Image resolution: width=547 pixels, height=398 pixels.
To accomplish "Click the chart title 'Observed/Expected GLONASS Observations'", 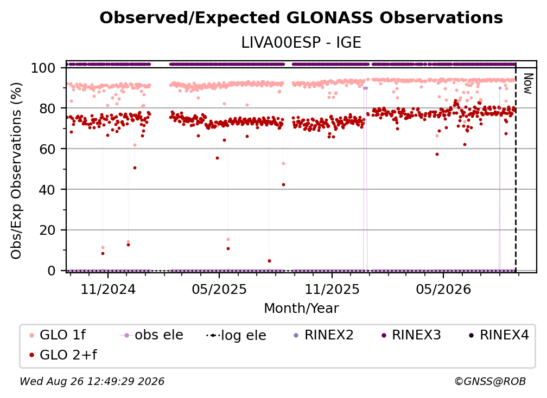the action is pyautogui.click(x=301, y=18).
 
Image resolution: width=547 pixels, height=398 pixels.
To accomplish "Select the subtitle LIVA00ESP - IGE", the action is pyautogui.click(x=301, y=43).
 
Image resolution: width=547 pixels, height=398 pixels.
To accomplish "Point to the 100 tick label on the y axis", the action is pyautogui.click(x=43, y=68).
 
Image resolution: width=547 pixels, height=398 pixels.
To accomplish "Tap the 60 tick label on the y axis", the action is pyautogui.click(x=47, y=149).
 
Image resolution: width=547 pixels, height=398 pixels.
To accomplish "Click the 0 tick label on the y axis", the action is pyautogui.click(x=52, y=271).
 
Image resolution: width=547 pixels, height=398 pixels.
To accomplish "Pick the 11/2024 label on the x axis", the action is pyautogui.click(x=108, y=289).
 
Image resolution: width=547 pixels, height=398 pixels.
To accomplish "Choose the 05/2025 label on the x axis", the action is pyautogui.click(x=219, y=289).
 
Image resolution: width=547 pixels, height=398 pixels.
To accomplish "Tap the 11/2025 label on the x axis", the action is pyautogui.click(x=332, y=289).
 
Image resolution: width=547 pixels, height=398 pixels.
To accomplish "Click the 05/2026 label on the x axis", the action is pyautogui.click(x=443, y=289).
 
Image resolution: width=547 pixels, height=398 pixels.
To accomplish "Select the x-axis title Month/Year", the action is pyautogui.click(x=301, y=309).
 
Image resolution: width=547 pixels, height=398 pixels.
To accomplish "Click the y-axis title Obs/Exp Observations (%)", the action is pyautogui.click(x=16, y=171).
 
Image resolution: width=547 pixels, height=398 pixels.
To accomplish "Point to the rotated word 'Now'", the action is pyautogui.click(x=528, y=84).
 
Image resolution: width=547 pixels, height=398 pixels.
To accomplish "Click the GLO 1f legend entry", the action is pyautogui.click(x=58, y=335).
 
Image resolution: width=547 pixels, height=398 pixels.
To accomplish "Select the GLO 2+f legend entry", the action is pyautogui.click(x=63, y=355).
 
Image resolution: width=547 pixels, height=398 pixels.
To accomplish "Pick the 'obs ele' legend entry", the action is pyautogui.click(x=151, y=335).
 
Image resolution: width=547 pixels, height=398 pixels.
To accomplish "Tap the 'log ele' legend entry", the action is pyautogui.click(x=236, y=335).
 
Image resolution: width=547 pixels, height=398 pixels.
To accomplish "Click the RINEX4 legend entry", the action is pyautogui.click(x=499, y=335).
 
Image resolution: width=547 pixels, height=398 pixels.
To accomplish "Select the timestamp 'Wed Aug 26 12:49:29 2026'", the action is pyautogui.click(x=92, y=382).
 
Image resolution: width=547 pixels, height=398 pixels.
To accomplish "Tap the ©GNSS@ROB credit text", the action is pyautogui.click(x=490, y=382).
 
